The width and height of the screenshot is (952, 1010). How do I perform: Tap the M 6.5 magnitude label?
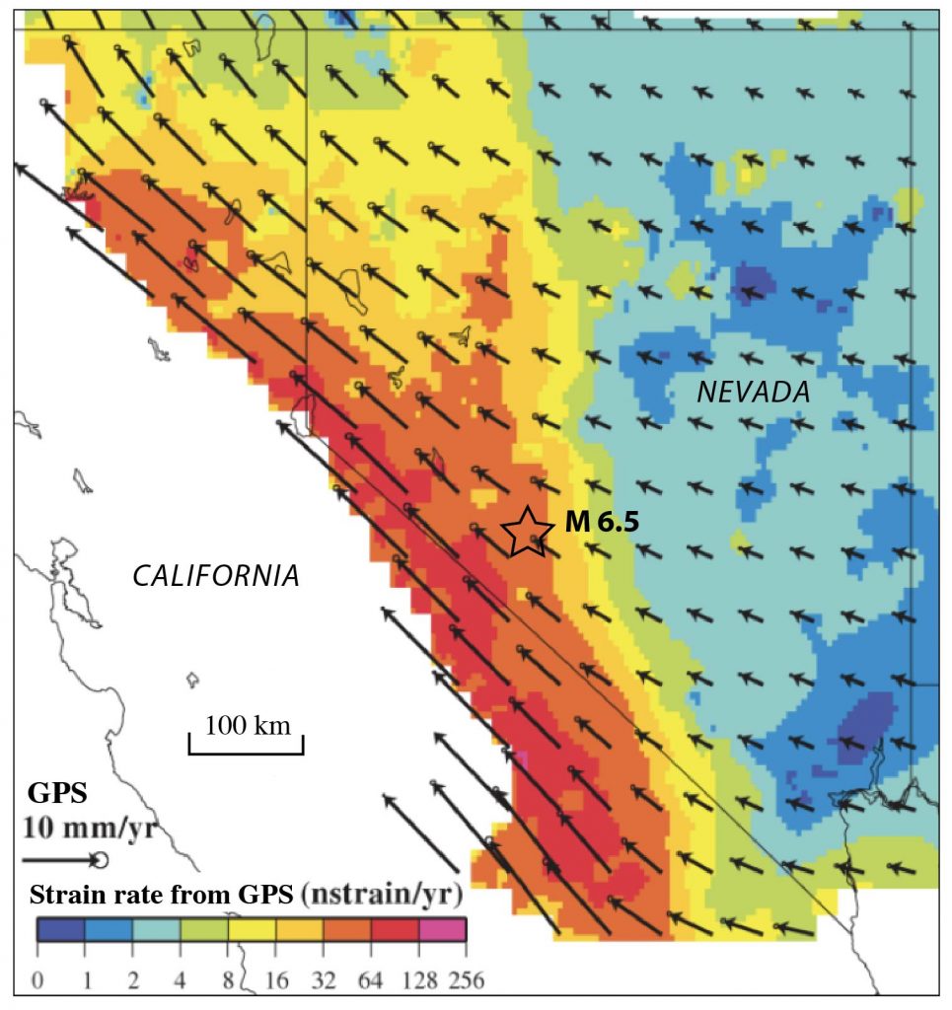point(602,523)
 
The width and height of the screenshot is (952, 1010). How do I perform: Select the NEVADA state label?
point(753,393)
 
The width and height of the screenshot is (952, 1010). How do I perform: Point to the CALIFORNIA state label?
point(216,575)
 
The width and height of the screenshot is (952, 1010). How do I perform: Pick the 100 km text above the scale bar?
point(247,726)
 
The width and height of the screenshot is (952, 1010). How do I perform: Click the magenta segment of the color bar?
point(441,929)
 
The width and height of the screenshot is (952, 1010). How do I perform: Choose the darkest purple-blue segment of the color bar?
point(61,929)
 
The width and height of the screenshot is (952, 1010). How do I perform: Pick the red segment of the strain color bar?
point(394,929)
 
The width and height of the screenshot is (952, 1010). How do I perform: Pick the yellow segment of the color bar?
point(252,929)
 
